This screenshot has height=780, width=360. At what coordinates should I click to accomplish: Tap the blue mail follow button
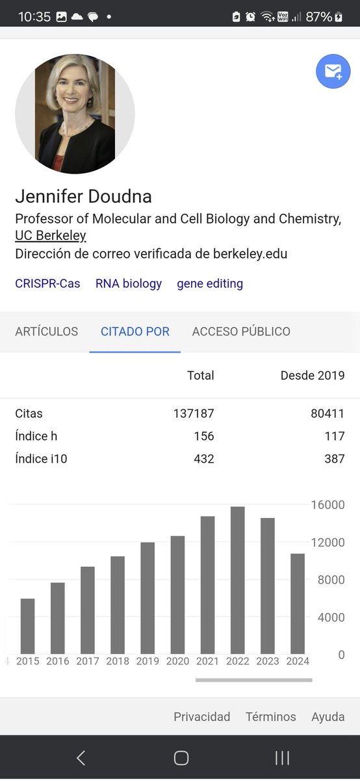(333, 71)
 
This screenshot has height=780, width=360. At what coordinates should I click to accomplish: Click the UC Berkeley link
(51, 236)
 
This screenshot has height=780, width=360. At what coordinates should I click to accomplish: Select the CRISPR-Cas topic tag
(47, 283)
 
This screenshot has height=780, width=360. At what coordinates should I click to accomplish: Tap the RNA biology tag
(129, 283)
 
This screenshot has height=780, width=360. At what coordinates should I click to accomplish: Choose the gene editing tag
(210, 283)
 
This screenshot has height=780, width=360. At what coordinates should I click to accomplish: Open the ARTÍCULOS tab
(46, 331)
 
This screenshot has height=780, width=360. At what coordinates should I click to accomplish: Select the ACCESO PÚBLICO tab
(241, 331)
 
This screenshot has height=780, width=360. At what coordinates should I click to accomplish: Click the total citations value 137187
(194, 413)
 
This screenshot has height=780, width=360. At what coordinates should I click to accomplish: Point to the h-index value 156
(204, 436)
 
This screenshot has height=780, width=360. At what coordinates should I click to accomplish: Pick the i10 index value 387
(335, 459)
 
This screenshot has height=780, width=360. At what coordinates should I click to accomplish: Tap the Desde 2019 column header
(313, 375)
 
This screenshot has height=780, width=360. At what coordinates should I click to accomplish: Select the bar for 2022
(238, 580)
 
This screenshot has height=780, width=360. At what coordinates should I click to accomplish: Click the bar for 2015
(27, 626)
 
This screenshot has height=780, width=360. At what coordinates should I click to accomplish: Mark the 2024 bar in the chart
(298, 603)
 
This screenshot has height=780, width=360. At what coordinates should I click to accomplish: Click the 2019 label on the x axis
(148, 662)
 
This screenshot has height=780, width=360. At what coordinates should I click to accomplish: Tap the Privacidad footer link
(201, 717)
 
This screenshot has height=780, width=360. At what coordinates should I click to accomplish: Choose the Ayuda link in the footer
(328, 717)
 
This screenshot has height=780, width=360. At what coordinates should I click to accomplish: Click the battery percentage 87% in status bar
(319, 17)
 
